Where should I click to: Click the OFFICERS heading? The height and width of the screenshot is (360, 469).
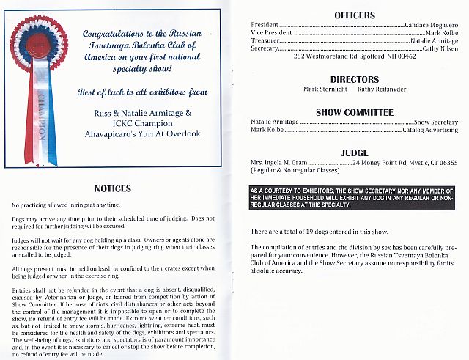(354, 15)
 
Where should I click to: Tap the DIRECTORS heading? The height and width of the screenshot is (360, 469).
(354, 79)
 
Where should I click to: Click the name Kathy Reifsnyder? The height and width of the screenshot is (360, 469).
(381, 89)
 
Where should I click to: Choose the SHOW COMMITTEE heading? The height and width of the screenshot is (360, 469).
(354, 113)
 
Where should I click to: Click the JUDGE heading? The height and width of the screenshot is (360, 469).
(354, 153)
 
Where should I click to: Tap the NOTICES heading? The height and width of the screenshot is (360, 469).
(113, 188)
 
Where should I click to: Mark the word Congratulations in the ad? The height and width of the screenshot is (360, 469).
(114, 34)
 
